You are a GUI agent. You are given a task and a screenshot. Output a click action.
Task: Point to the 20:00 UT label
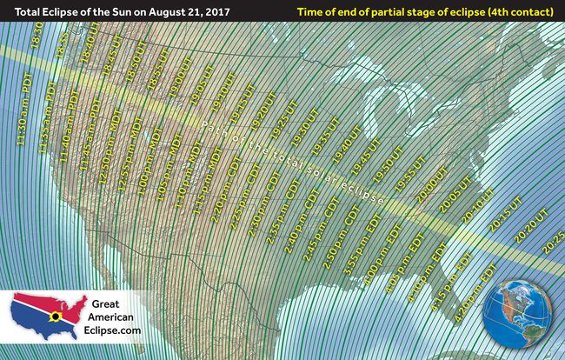(x=431, y=192)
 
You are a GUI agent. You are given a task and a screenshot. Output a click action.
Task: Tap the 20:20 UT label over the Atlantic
(x=531, y=223)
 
